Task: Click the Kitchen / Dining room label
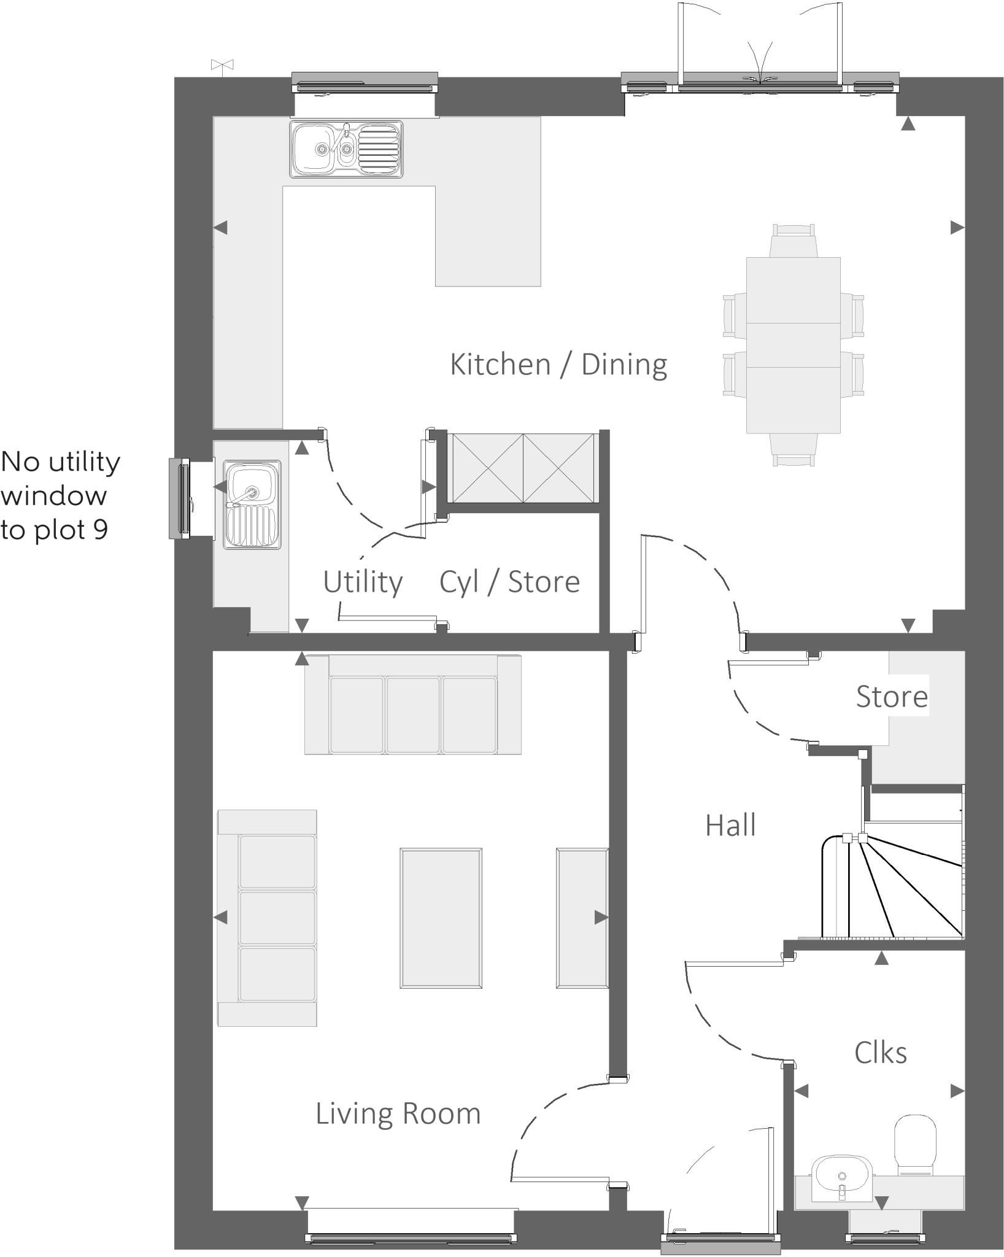click(558, 365)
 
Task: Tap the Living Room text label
click(398, 1114)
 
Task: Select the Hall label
click(730, 826)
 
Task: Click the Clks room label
click(880, 1053)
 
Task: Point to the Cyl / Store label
click(509, 582)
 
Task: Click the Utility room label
click(363, 582)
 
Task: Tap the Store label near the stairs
click(891, 697)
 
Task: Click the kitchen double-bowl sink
click(347, 149)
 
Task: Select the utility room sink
click(252, 505)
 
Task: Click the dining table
click(793, 345)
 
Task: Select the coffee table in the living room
click(441, 918)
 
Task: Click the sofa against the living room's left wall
click(267, 918)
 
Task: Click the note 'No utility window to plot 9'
click(60, 495)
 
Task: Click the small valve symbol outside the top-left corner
click(222, 64)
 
